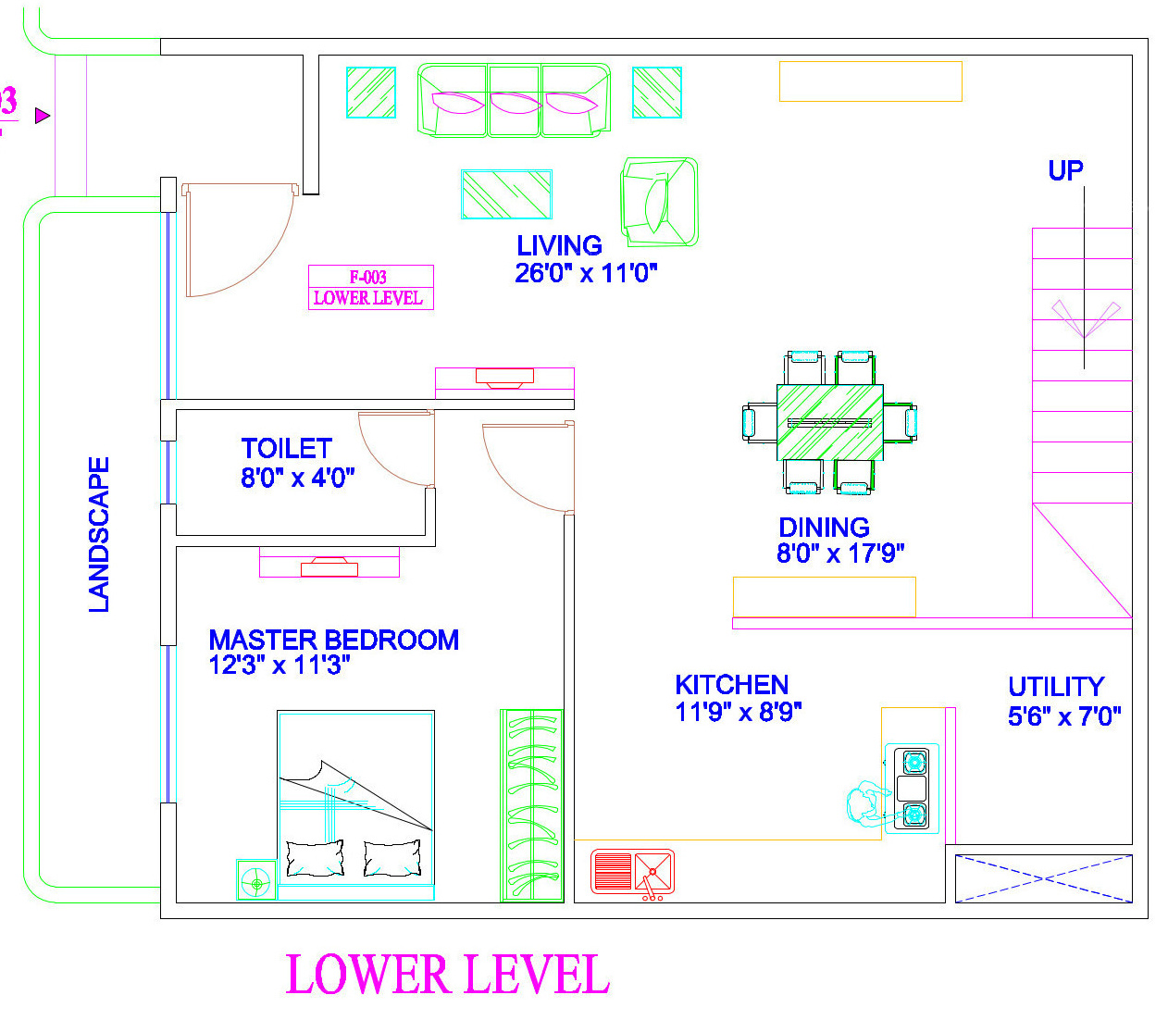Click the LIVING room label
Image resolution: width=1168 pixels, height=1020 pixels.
point(559,245)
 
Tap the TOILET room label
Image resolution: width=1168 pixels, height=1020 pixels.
point(287,449)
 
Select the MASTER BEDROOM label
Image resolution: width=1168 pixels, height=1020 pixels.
point(334,640)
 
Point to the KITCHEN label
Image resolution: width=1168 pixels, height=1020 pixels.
point(732,685)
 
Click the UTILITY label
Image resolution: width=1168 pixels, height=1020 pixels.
point(1056,687)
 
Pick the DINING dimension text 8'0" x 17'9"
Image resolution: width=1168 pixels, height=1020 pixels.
point(840,554)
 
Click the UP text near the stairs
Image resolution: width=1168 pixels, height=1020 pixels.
point(1065,170)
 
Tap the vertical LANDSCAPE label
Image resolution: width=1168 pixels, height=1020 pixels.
point(99,535)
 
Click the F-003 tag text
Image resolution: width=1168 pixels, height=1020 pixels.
point(368,278)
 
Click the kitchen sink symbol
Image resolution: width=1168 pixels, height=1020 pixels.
point(632,872)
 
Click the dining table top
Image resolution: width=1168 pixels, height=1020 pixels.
point(830,422)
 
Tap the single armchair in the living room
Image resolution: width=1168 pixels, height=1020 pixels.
point(659,202)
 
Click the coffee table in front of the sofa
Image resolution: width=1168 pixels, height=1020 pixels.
point(506,194)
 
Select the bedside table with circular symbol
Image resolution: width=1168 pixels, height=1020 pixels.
point(256,879)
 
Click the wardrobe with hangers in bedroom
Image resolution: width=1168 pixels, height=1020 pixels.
point(532,805)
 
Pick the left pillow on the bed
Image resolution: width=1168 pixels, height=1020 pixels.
point(315,858)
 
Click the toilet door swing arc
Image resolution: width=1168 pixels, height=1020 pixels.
point(383,463)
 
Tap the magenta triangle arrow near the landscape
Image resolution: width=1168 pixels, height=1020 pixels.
point(42,116)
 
